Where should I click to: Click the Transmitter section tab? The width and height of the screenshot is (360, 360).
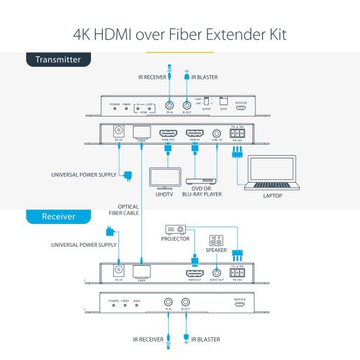[x=58, y=60]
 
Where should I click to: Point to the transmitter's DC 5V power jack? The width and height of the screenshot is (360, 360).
[x=119, y=132]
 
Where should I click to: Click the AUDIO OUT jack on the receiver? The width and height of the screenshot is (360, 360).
[x=217, y=272]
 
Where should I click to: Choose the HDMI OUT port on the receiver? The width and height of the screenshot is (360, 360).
[x=194, y=272]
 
